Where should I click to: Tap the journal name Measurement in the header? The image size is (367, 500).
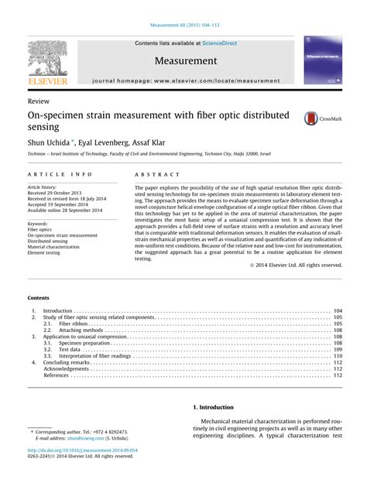point(185,60)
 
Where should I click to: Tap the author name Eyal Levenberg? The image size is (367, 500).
point(112,143)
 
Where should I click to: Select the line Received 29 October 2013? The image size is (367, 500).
point(58,193)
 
